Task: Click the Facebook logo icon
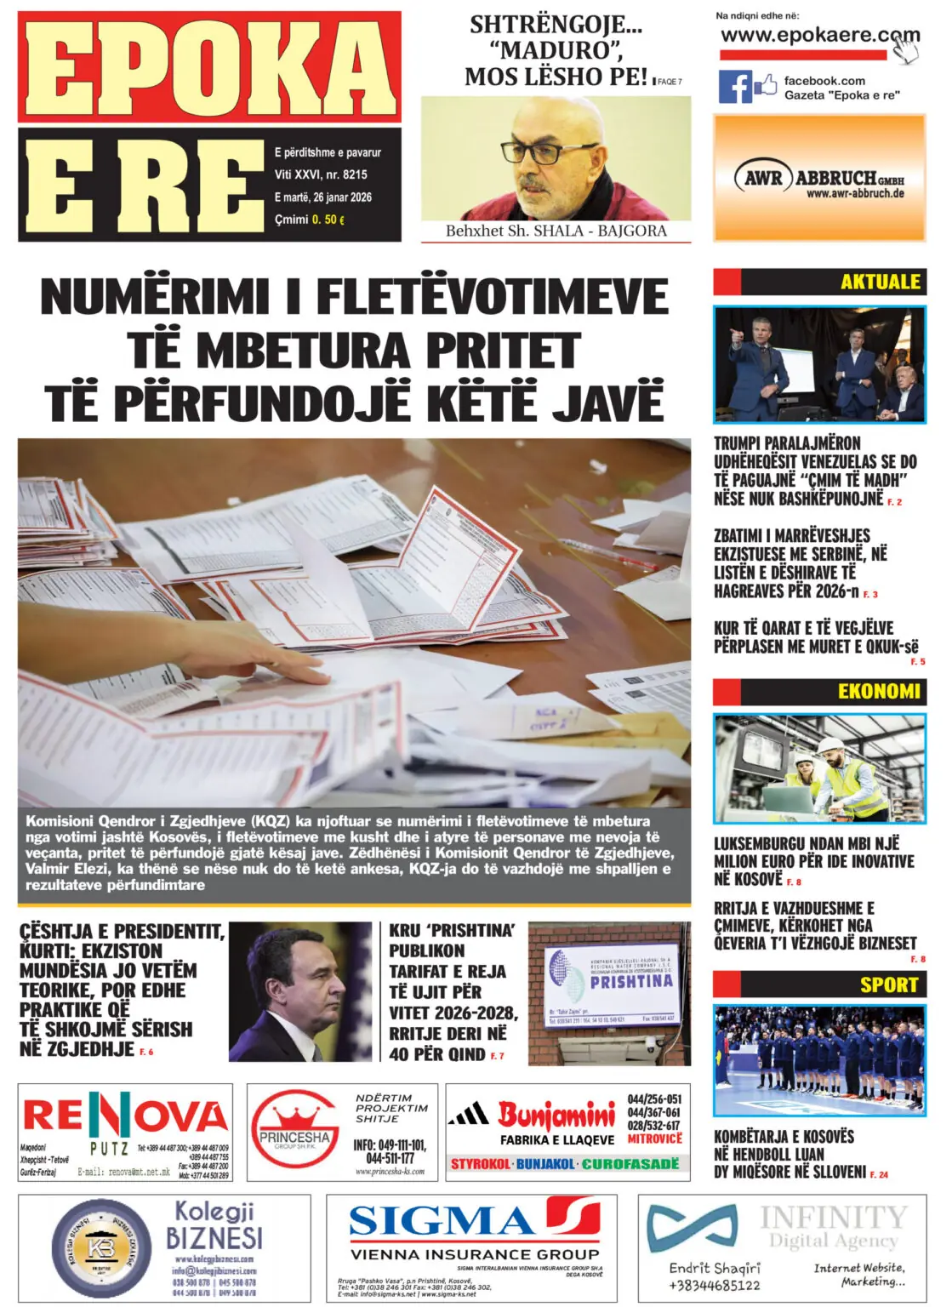pos(735,87)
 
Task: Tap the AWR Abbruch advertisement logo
pos(818,179)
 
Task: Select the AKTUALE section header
pos(880,282)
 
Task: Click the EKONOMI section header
pos(878,691)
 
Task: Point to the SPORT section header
pos(888,985)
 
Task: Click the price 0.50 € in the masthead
pos(328,220)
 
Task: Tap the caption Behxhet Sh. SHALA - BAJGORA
pos(556,231)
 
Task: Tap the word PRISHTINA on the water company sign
pos(631,981)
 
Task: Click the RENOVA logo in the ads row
pos(124,1116)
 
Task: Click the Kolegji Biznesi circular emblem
pos(101,1247)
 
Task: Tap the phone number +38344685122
pos(715,1285)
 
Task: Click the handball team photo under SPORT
pos(818,1061)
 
